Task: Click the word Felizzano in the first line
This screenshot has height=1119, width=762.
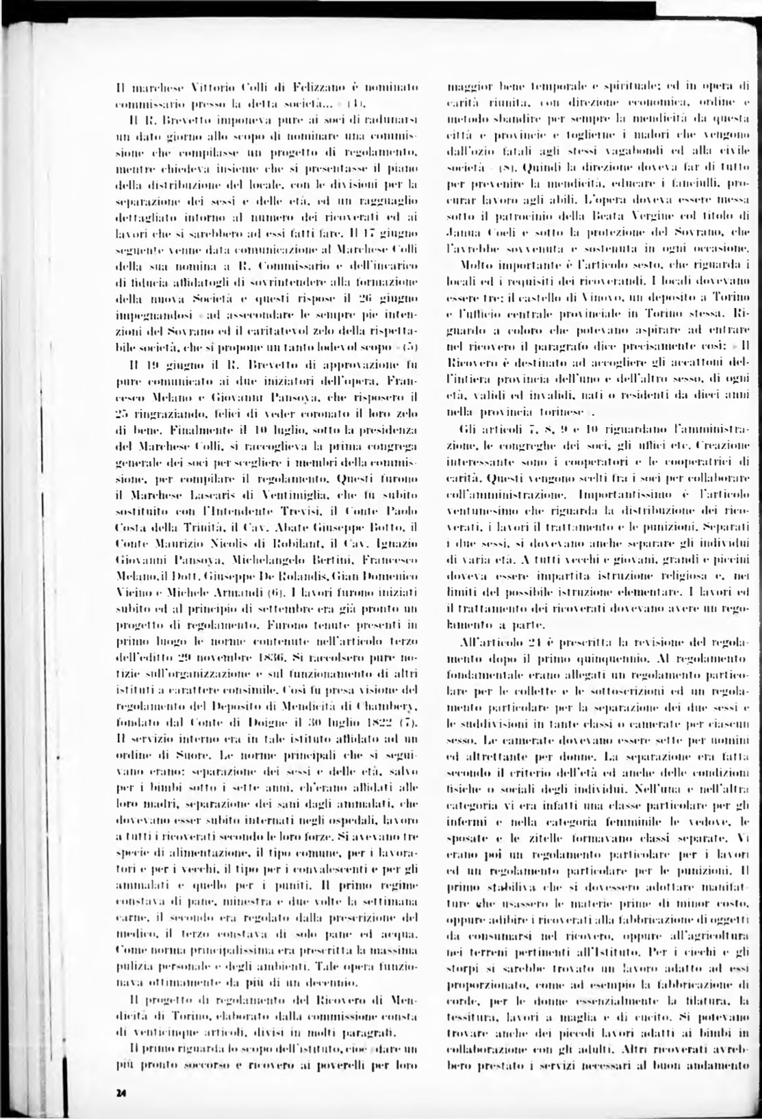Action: click(x=312, y=88)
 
